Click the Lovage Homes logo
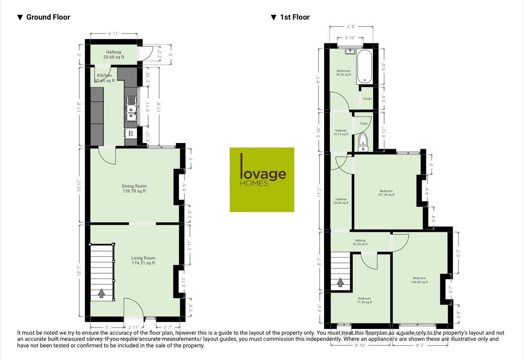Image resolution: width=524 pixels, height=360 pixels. pos(262,179)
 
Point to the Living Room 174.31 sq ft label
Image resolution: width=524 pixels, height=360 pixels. pos(143,260)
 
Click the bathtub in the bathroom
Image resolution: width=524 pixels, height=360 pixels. pos(364,67)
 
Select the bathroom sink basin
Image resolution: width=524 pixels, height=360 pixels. pos(349,51)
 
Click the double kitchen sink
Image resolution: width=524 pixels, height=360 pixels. pos(131,110)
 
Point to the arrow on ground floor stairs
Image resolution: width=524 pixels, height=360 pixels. pos(102,293)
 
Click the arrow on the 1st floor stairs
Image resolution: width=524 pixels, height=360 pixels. pos(340,282)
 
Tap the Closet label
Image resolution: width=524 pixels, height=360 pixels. pos(367,99)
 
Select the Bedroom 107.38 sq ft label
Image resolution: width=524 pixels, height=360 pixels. pos(386,193)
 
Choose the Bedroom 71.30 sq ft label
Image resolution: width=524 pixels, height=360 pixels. pos(364,300)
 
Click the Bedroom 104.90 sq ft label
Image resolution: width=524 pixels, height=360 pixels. pos(419,280)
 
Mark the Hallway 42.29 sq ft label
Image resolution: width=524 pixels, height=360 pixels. pos(360,242)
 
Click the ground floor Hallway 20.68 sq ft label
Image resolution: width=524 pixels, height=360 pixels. pos(114,54)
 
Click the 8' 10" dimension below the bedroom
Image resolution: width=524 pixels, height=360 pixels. pos(360,346)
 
